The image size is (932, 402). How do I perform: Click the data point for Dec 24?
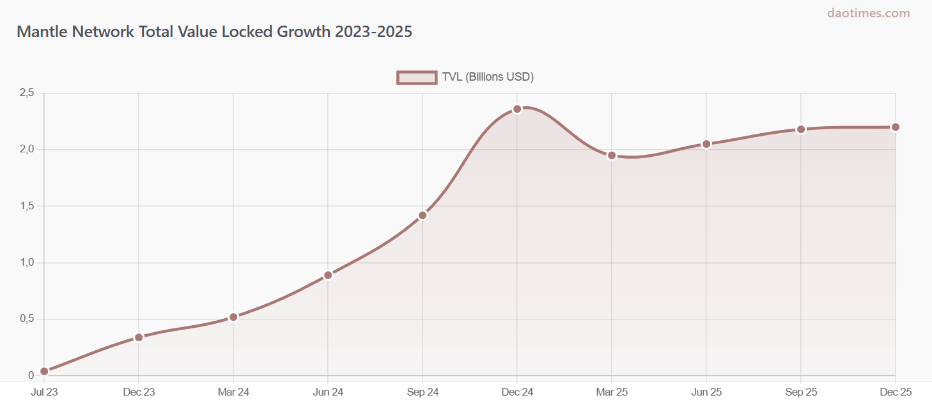click(517, 109)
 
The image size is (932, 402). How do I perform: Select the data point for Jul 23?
click(44, 371)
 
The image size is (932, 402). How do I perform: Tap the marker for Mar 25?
click(612, 156)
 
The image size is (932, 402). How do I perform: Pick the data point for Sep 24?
click(423, 215)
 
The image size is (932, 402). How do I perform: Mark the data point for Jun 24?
click(328, 275)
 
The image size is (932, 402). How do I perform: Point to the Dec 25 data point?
click(896, 127)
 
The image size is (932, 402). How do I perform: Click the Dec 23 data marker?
click(139, 337)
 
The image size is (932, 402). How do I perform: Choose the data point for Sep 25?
click(801, 129)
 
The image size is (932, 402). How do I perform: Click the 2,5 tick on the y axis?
click(27, 93)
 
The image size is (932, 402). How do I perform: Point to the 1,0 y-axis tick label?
click(27, 262)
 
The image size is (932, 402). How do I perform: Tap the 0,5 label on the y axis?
click(27, 319)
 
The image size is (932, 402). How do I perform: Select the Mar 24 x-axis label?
click(233, 392)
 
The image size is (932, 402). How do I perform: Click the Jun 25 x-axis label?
click(706, 392)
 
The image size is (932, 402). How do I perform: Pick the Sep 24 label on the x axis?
click(423, 392)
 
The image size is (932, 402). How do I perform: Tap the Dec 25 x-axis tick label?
click(895, 392)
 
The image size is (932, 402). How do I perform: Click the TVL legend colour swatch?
click(417, 77)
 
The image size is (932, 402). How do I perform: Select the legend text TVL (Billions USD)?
click(488, 77)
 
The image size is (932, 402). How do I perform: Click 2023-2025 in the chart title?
click(373, 31)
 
